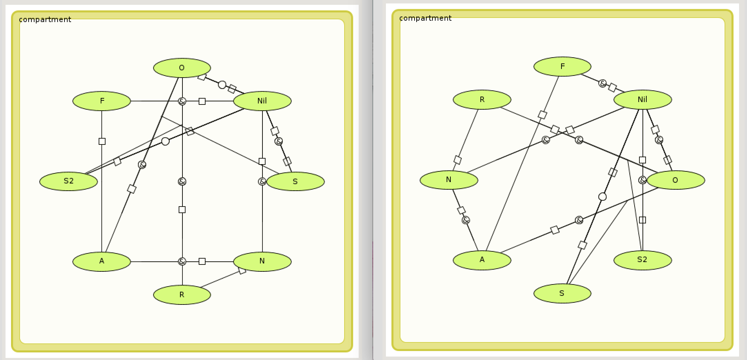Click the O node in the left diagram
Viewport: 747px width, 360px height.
tap(182, 68)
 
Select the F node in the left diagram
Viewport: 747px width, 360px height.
tap(102, 101)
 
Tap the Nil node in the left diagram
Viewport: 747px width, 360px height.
tap(262, 101)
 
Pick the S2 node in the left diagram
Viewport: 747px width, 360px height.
tap(69, 181)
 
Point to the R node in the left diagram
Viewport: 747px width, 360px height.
tap(182, 295)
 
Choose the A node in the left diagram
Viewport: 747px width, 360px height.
tap(102, 261)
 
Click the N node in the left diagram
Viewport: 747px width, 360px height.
tap(262, 261)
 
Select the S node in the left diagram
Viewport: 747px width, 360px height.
tap(295, 181)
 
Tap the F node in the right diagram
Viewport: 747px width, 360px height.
tap(562, 67)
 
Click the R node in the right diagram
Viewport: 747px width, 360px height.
tap(482, 100)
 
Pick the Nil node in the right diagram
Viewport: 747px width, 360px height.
tap(643, 100)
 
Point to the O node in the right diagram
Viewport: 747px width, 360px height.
tap(675, 180)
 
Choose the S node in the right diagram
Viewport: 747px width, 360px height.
tap(562, 293)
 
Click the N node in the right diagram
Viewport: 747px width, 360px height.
tap(449, 180)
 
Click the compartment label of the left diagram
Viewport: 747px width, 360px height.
tap(45, 20)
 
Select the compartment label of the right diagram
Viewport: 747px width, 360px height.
tap(425, 18)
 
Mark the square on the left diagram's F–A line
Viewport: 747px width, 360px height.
tap(102, 141)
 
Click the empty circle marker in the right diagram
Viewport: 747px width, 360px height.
tap(602, 197)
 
